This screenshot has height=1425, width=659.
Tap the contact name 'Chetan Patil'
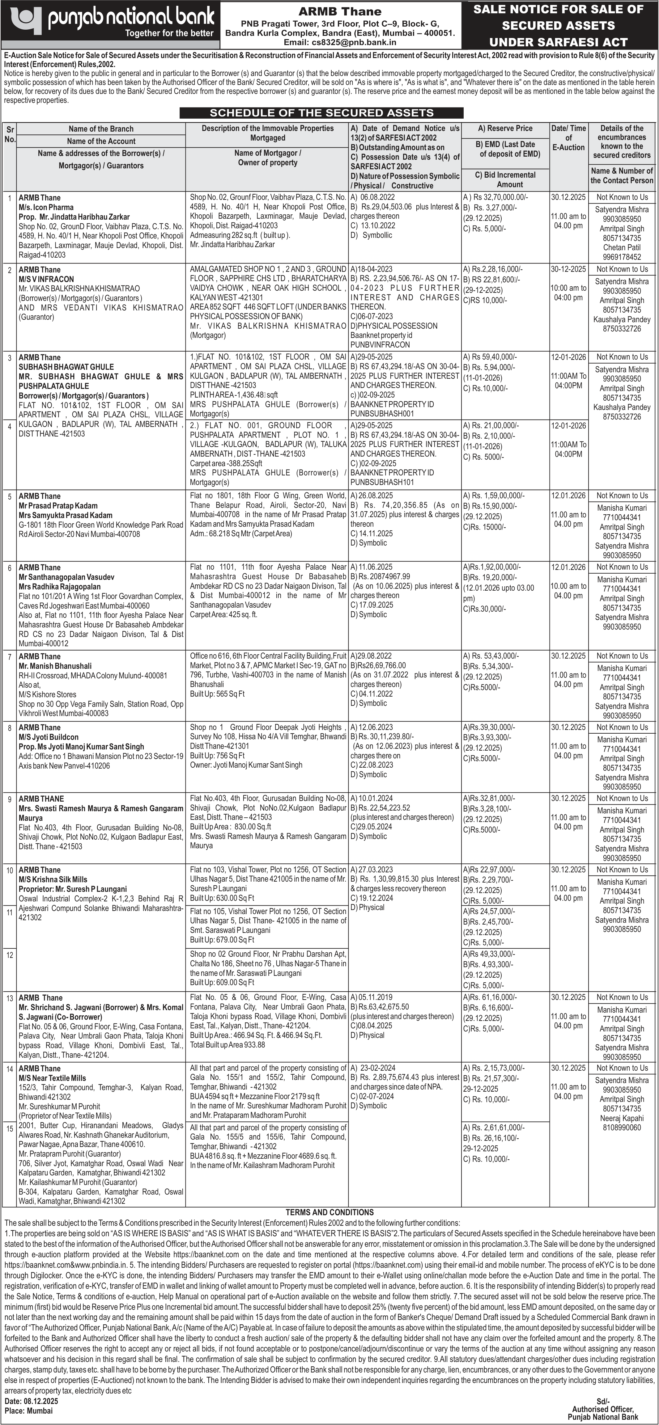621,247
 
